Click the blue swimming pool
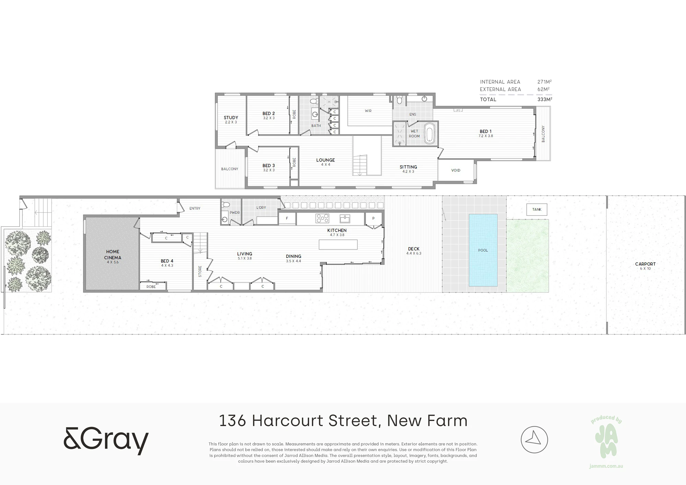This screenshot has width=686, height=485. [x=483, y=250]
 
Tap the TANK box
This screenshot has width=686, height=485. [x=537, y=210]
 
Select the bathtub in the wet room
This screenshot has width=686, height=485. [x=429, y=133]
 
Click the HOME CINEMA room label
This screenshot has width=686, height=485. [x=113, y=255]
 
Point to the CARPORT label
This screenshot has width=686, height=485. [x=645, y=264]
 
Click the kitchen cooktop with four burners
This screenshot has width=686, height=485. [x=322, y=218]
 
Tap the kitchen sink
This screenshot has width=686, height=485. [x=345, y=218]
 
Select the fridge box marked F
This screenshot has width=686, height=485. [x=287, y=218]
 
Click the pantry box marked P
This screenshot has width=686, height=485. [x=373, y=218]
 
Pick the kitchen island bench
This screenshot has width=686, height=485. [x=338, y=245]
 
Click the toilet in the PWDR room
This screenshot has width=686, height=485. [x=225, y=204]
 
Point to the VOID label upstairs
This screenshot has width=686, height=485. [x=456, y=170]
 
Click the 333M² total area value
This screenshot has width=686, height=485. [x=545, y=99]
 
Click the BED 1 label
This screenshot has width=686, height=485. [x=486, y=131]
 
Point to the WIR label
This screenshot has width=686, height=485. [x=368, y=111]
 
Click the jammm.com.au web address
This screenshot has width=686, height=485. [x=606, y=466]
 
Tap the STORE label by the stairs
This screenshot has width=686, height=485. [x=200, y=271]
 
